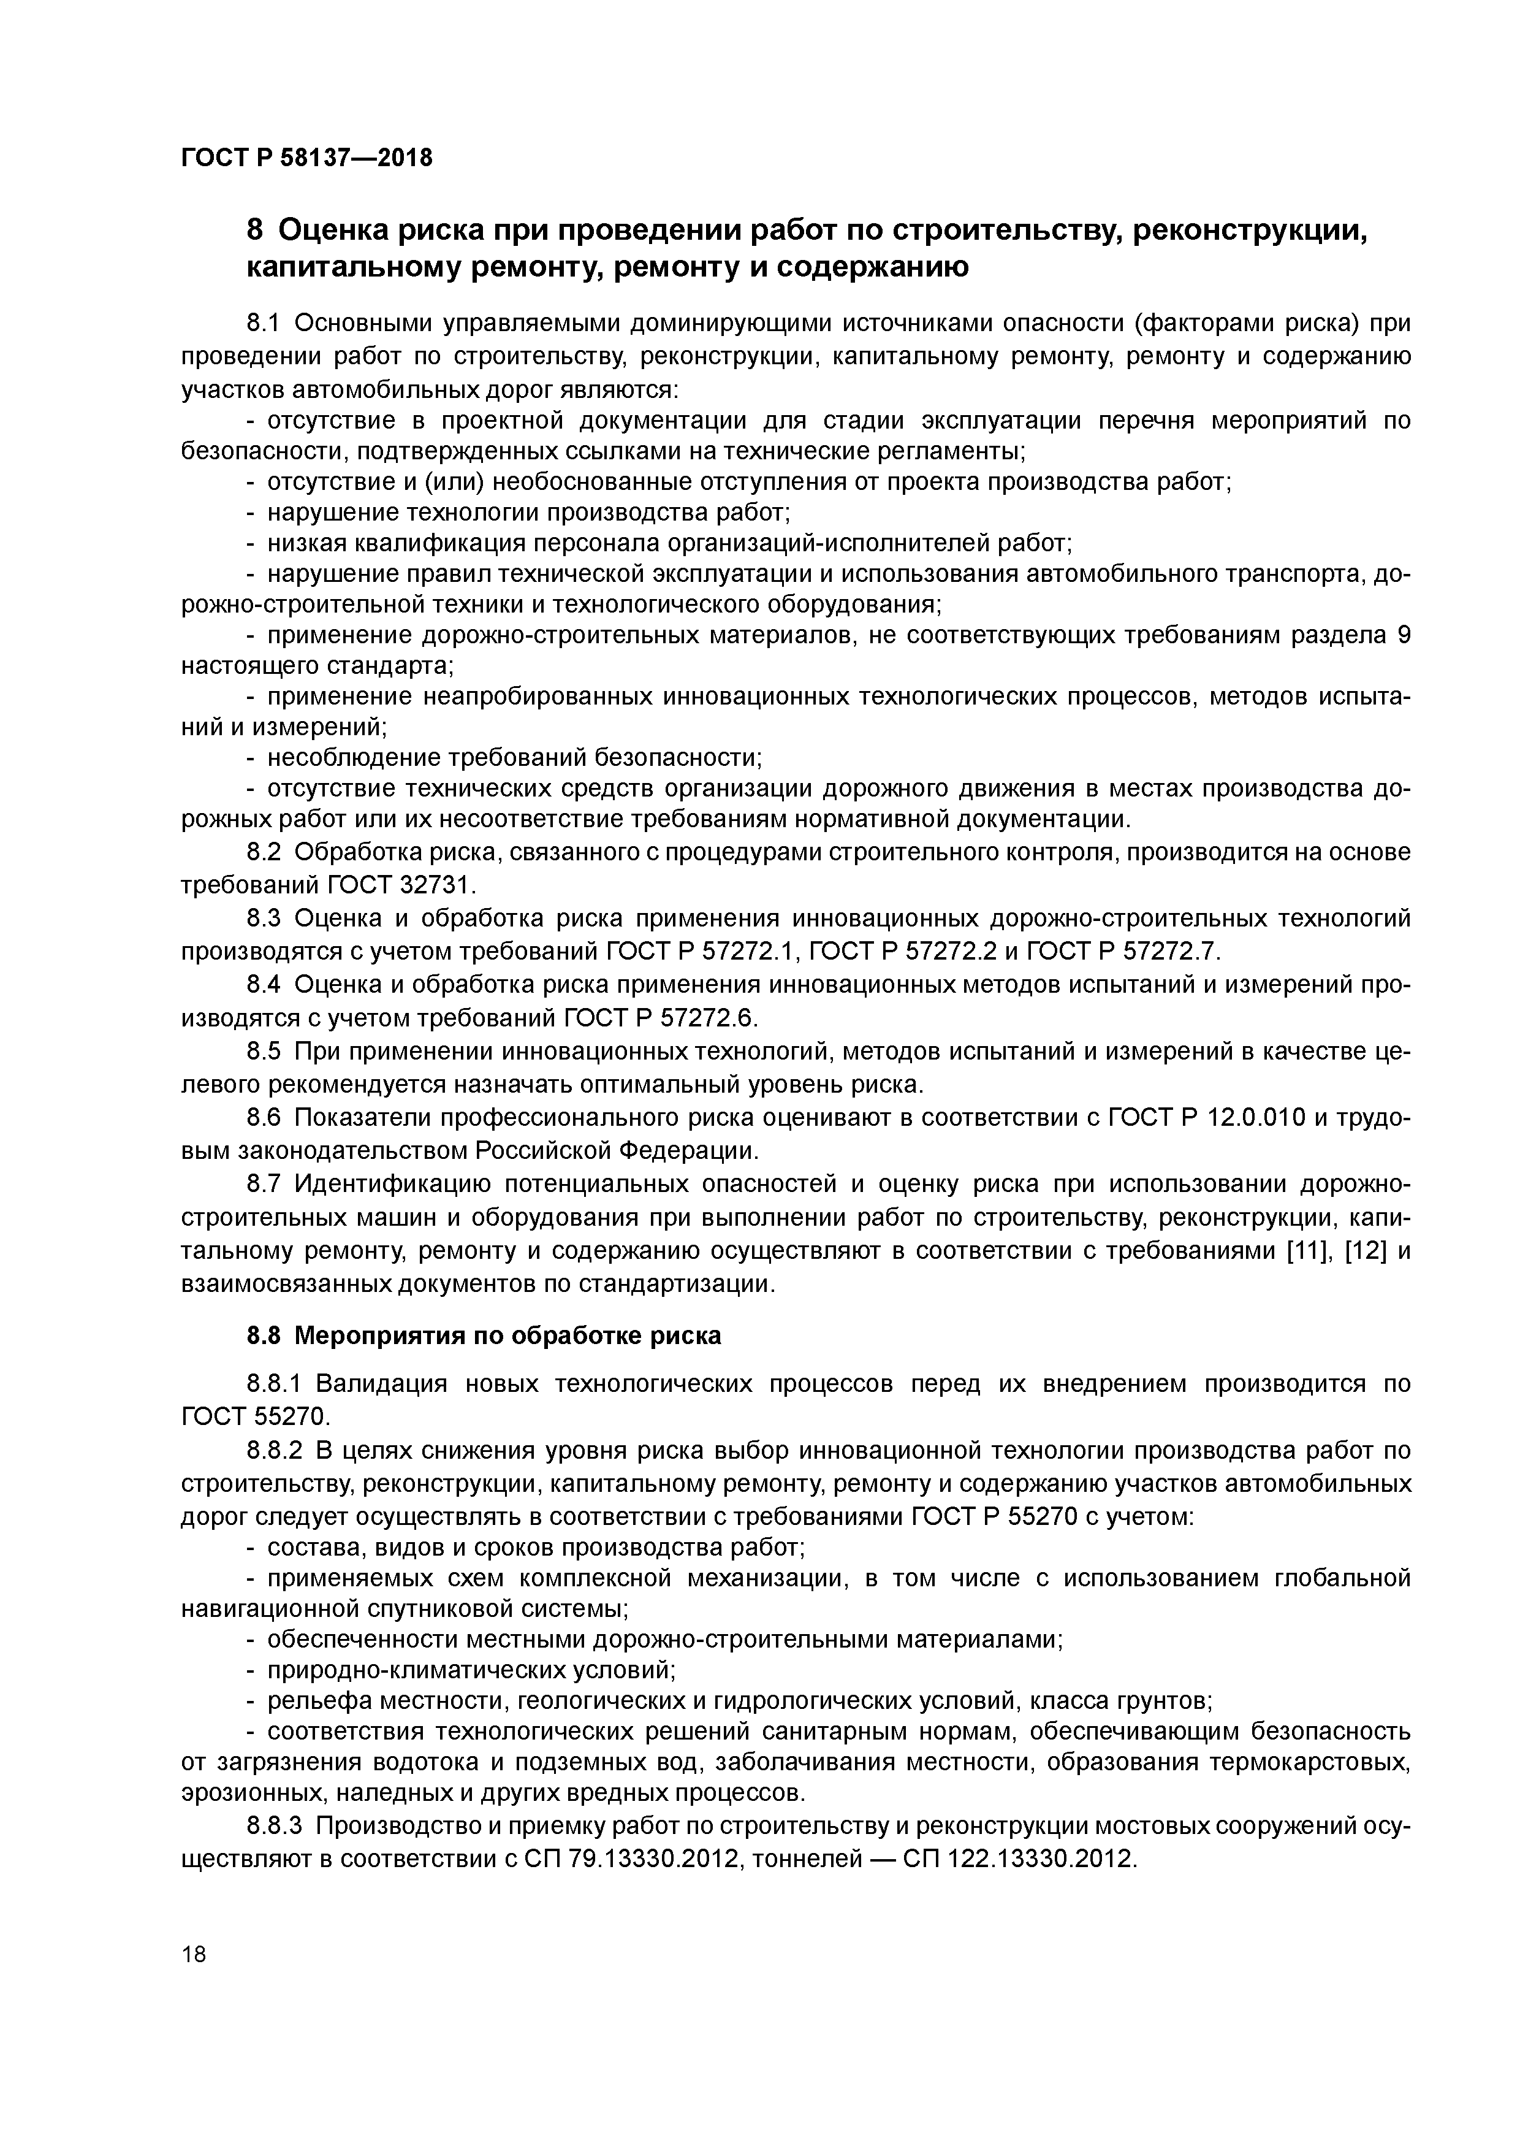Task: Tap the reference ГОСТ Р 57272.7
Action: point(1124,951)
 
